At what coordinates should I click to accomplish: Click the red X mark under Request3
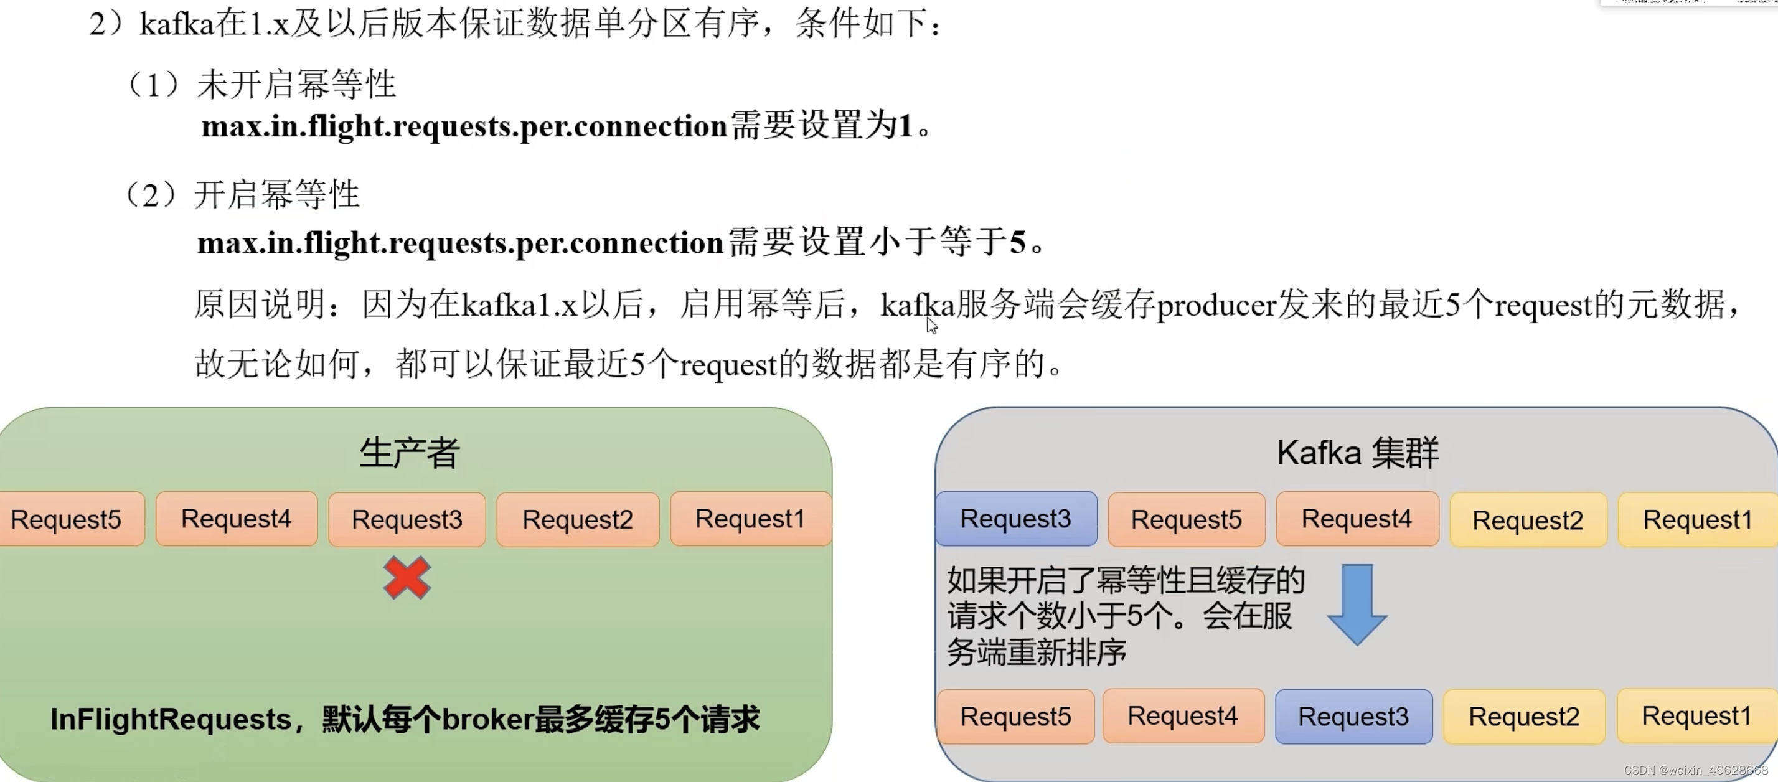407,578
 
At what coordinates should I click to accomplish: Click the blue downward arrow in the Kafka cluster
1357,605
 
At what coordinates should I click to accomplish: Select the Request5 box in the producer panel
69,519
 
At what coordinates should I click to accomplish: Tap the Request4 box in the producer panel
236,519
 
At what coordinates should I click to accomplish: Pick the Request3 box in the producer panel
407,519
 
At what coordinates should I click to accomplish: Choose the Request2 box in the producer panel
578,519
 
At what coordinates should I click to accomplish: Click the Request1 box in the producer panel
750,519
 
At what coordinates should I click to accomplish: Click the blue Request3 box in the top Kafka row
1016,519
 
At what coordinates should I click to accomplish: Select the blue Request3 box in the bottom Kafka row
1353,717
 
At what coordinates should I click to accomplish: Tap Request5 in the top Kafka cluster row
1187,519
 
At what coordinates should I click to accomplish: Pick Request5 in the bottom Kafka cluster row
1016,717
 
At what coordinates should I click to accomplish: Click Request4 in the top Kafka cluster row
1357,519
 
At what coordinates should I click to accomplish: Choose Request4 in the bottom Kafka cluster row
1183,717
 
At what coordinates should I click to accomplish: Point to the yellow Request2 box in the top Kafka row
1528,521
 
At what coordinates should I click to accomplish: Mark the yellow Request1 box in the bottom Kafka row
1696,717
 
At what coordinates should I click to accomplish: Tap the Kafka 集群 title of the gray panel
1358,453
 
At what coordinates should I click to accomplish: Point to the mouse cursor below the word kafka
932,326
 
